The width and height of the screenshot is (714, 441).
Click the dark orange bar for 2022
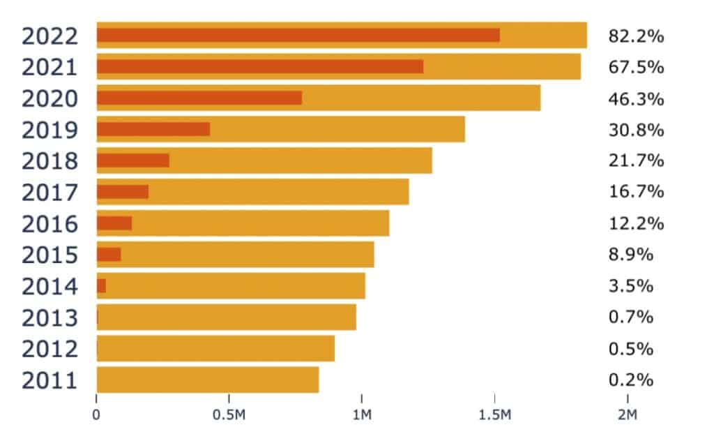pos(298,35)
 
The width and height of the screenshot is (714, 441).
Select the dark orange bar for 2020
pos(199,98)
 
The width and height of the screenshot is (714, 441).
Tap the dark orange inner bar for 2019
pos(153,129)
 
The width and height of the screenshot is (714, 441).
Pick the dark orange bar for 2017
pos(123,192)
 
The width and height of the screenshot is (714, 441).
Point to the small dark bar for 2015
pos(109,254)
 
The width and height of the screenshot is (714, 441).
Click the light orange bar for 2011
pos(208,380)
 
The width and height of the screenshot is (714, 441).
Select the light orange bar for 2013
pos(227,317)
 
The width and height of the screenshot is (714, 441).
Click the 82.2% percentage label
pos(636,36)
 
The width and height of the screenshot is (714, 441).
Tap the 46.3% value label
pos(636,98)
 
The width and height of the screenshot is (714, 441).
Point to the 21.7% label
pos(636,161)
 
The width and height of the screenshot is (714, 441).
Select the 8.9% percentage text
pos(631,255)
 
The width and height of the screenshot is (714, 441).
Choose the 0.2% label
pos(631,380)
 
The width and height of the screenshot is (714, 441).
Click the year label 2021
pos(50,67)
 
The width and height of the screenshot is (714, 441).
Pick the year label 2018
pos(50,161)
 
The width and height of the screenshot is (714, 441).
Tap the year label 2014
pos(50,286)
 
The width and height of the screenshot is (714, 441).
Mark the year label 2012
pos(50,349)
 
